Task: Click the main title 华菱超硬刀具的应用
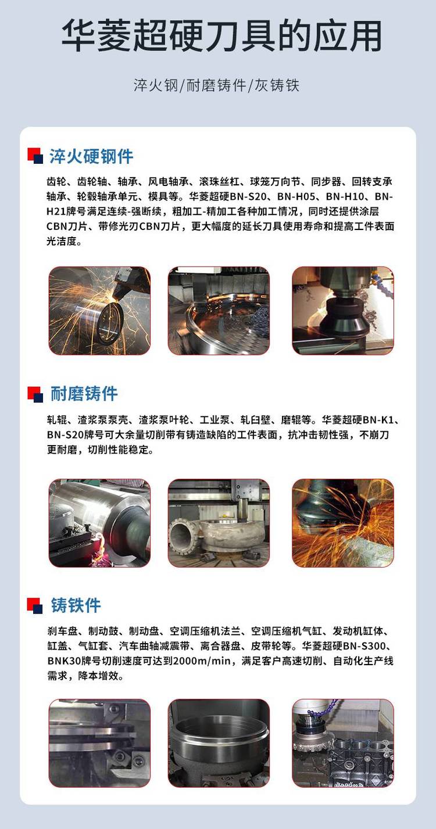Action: (221, 36)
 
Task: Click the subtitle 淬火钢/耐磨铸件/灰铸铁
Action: (216, 85)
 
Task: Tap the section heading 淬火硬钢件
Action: (91, 156)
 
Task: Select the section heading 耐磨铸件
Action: (84, 393)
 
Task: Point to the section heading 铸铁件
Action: (76, 605)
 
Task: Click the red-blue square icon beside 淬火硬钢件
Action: (35, 156)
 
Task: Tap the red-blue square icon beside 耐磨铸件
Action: (35, 394)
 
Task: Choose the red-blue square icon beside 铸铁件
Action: (35, 606)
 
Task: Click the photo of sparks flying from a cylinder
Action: (99, 310)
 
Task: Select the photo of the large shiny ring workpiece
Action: (219, 310)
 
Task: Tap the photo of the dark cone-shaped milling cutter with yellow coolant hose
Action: (342, 310)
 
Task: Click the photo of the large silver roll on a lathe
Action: (99, 523)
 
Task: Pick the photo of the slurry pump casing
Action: (219, 523)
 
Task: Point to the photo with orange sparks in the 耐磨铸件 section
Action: (342, 523)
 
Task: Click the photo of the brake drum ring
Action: (219, 743)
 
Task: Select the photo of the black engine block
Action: (342, 743)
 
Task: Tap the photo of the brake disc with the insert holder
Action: (99, 743)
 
